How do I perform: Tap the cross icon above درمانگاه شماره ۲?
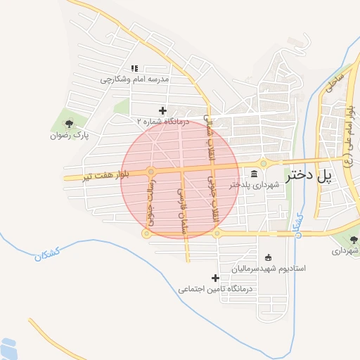point(162,110)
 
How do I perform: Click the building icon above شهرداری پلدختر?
point(254,174)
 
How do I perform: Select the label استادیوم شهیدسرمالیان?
point(271,268)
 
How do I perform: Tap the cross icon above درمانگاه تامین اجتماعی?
point(215,278)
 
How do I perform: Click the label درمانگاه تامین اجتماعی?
point(215,289)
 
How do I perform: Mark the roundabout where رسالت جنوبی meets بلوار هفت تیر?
point(151,172)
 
